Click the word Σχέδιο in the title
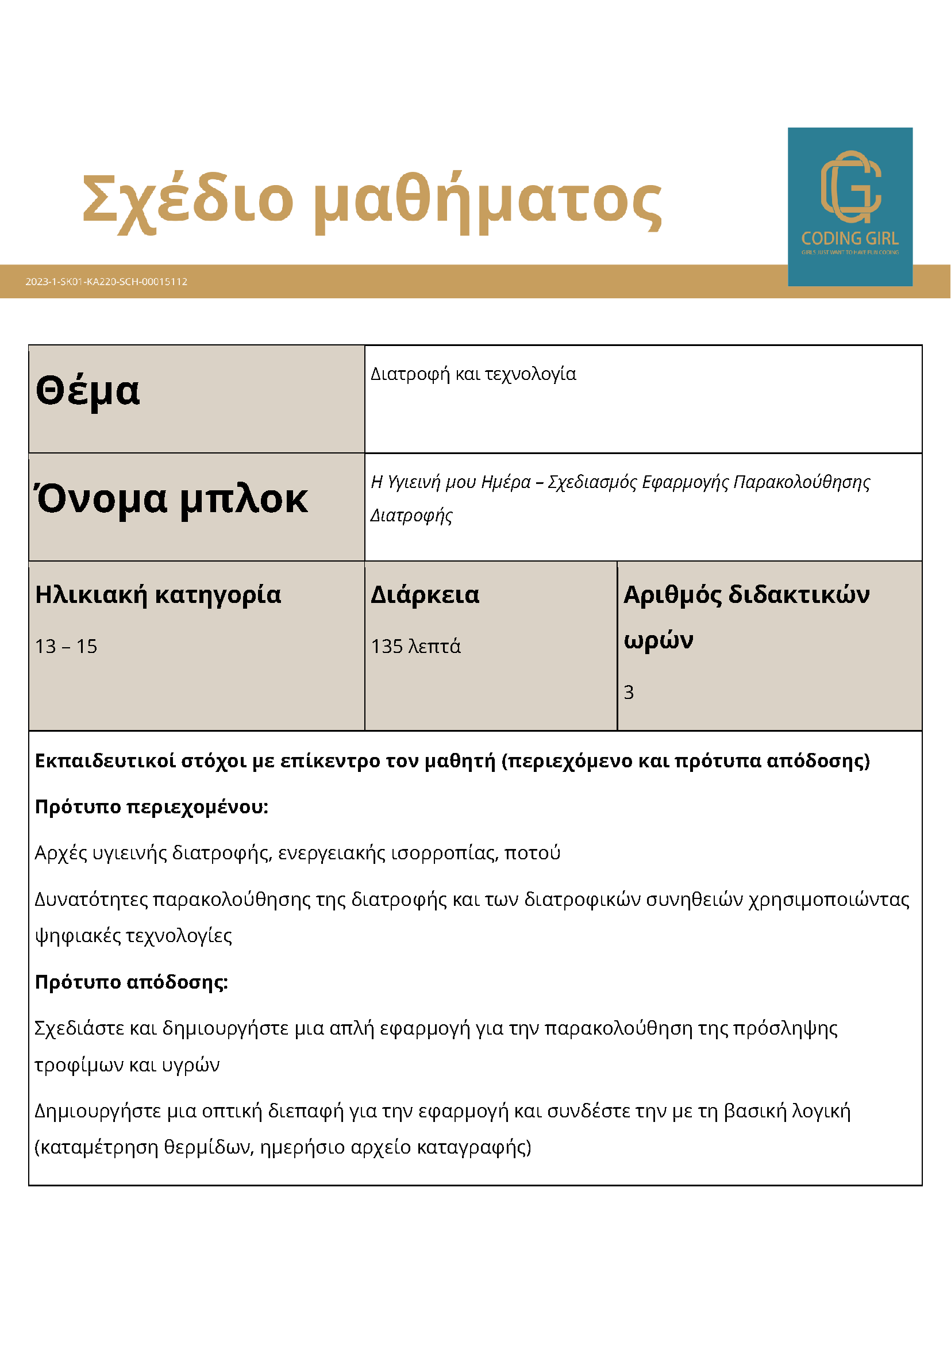[x=187, y=199]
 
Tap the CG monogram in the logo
[x=850, y=187]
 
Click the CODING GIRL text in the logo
[x=850, y=239]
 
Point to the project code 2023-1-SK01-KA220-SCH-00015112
[x=106, y=282]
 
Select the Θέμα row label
[x=88, y=391]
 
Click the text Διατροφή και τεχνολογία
[x=473, y=374]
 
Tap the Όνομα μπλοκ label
[x=171, y=499]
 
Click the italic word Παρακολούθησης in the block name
[x=801, y=482]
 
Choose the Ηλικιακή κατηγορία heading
[x=158, y=595]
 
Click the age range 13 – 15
[x=66, y=647]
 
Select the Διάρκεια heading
[x=425, y=595]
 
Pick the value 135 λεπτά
[x=416, y=647]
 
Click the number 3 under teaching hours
[x=629, y=693]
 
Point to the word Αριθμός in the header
[x=672, y=595]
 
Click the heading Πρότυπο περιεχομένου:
[x=152, y=807]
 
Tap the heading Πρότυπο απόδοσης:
[x=131, y=982]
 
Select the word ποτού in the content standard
[x=532, y=853]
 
